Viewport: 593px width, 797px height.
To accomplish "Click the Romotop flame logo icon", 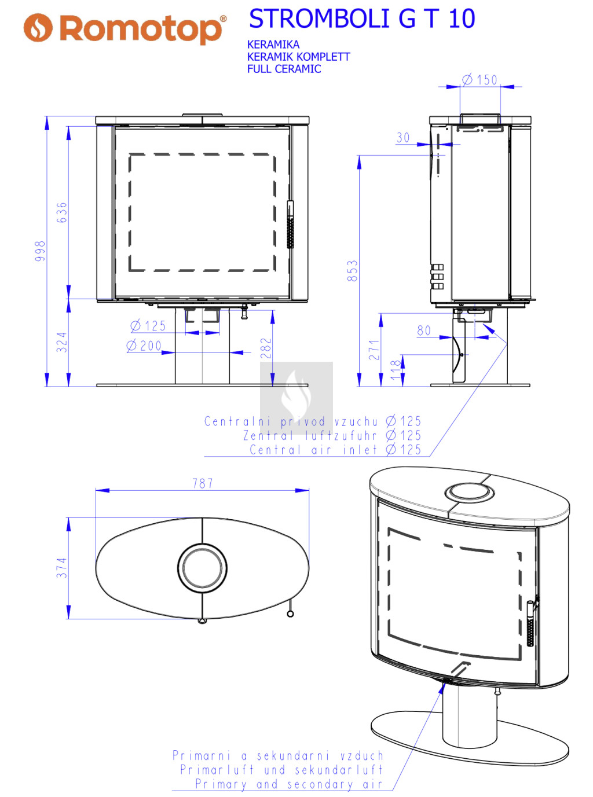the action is pyautogui.click(x=38, y=28).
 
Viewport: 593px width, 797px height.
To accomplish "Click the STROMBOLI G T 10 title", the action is pyautogui.click(x=362, y=19).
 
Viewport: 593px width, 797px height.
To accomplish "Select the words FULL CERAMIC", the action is pyautogui.click(x=284, y=69).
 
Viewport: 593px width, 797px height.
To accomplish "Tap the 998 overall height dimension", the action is pyautogui.click(x=41, y=251).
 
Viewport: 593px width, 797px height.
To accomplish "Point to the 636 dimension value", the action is pyautogui.click(x=62, y=212).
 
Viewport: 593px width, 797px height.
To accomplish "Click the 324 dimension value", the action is pyautogui.click(x=62, y=342).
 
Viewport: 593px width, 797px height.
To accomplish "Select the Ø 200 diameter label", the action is pyautogui.click(x=144, y=346).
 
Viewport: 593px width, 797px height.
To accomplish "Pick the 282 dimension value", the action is pyautogui.click(x=266, y=348).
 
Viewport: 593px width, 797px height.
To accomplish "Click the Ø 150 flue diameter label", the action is pyautogui.click(x=479, y=79).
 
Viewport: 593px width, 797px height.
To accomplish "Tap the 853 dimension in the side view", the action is pyautogui.click(x=353, y=270).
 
